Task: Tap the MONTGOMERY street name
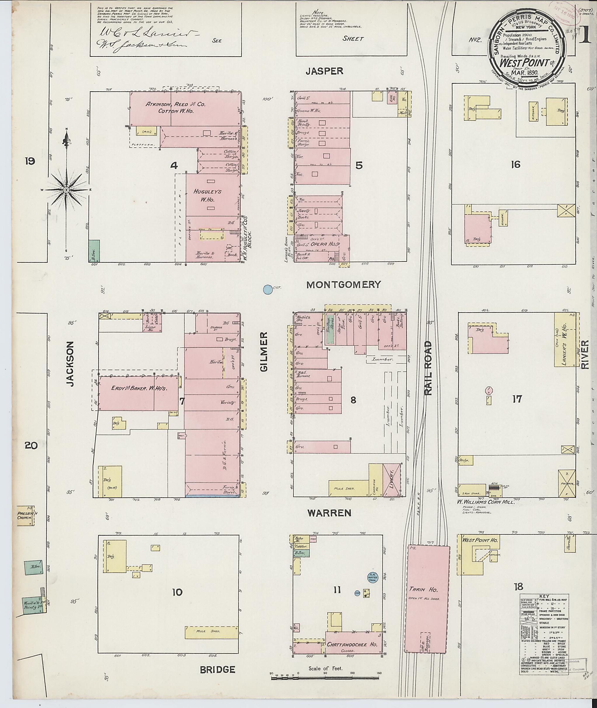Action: coord(343,284)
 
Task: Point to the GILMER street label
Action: coord(264,352)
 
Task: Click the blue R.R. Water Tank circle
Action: coord(372,577)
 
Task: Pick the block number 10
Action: coord(177,592)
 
